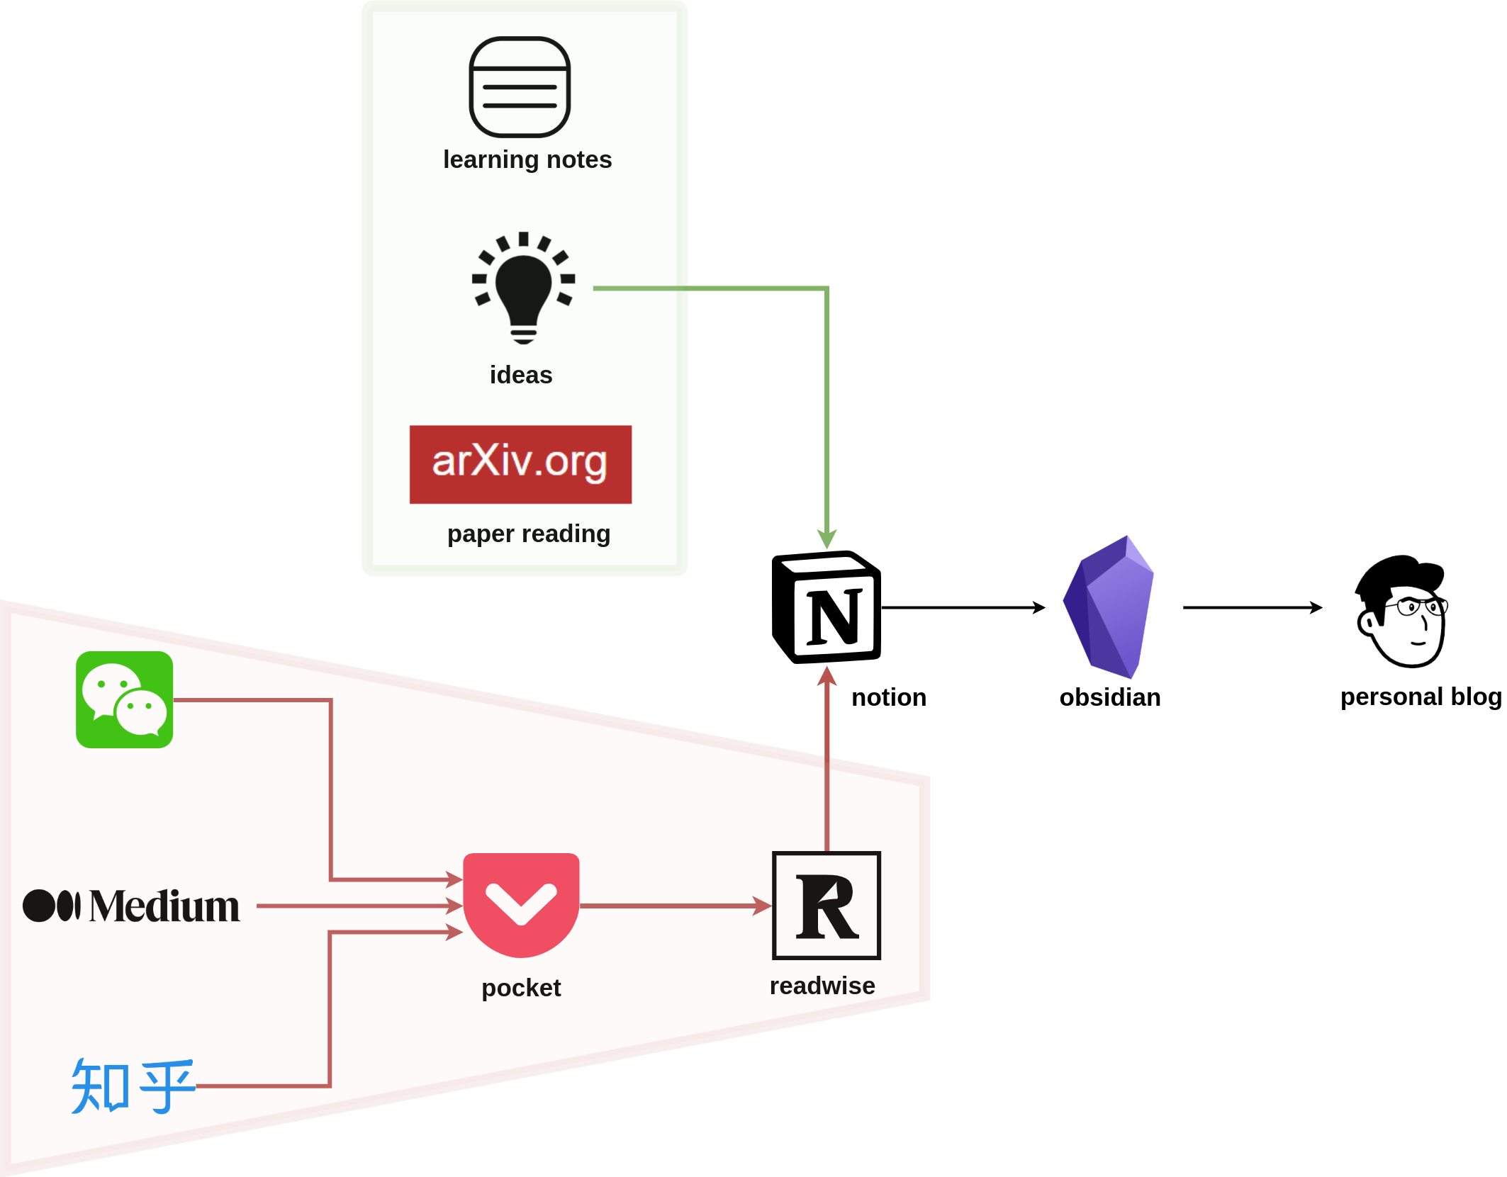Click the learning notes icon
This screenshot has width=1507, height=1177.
tap(520, 86)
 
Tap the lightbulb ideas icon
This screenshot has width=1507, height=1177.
tap(523, 287)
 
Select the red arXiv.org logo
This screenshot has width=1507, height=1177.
tap(520, 464)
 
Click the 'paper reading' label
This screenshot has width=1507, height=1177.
tap(528, 534)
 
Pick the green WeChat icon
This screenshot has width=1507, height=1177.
tap(124, 699)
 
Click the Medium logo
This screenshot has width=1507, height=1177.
tap(132, 906)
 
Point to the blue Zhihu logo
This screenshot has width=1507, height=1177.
tap(133, 1086)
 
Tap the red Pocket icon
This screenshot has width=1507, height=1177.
tap(521, 904)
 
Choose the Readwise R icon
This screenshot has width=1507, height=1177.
tap(826, 905)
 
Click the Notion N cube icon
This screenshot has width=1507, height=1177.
tap(826, 607)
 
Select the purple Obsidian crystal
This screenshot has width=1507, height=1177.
tap(1109, 607)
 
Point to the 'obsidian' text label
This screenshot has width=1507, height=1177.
tap(1109, 697)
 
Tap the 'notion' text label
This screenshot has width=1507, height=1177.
tap(888, 697)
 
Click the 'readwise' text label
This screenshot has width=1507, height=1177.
tap(822, 986)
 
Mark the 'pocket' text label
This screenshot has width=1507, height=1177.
tap(521, 988)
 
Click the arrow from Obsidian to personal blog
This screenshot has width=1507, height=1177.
tap(1252, 607)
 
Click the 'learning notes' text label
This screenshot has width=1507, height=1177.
tap(527, 159)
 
